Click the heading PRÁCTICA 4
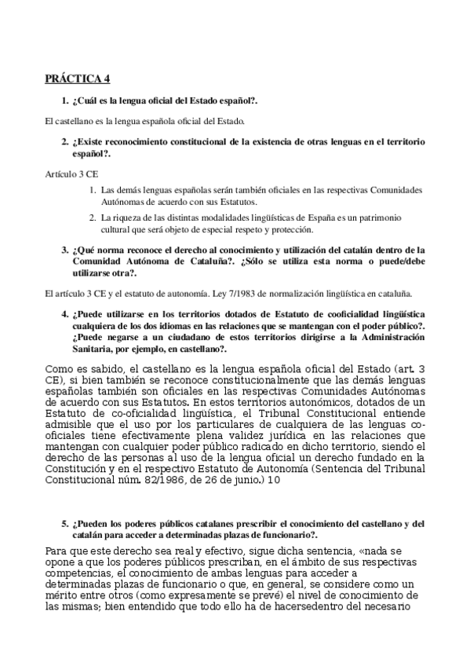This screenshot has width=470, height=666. point(77,79)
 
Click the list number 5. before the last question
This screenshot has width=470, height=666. point(65,523)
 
